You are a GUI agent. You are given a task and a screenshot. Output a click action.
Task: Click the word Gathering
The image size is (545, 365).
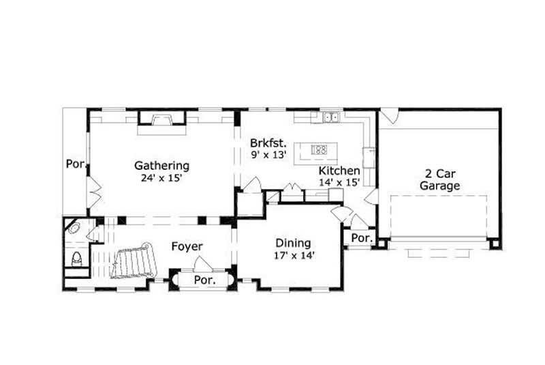coord(161,165)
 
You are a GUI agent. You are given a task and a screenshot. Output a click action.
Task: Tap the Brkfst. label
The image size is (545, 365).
coord(268,143)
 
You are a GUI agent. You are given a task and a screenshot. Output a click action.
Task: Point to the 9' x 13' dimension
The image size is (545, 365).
coord(268,155)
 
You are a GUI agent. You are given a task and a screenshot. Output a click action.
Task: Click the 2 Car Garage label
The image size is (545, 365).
coord(439,179)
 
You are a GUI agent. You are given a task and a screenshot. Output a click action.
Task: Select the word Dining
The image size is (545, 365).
coord(293,243)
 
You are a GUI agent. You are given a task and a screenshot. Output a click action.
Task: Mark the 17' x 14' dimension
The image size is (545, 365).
coord(293,255)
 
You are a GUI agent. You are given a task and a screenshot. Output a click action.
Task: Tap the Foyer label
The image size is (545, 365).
coord(187,246)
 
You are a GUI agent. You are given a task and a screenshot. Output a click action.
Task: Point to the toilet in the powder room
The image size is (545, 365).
coord(77,259)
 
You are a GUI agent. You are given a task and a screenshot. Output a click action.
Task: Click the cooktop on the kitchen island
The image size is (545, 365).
coord(320,149)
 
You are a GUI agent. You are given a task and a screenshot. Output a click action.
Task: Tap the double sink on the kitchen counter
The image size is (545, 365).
coord(332,117)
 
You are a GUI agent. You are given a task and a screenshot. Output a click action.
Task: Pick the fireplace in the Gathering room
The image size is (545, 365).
coord(161,121)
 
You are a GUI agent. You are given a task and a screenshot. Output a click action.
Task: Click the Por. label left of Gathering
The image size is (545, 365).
coord(74,164)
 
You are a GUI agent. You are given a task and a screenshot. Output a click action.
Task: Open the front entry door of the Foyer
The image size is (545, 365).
coord(202,263)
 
